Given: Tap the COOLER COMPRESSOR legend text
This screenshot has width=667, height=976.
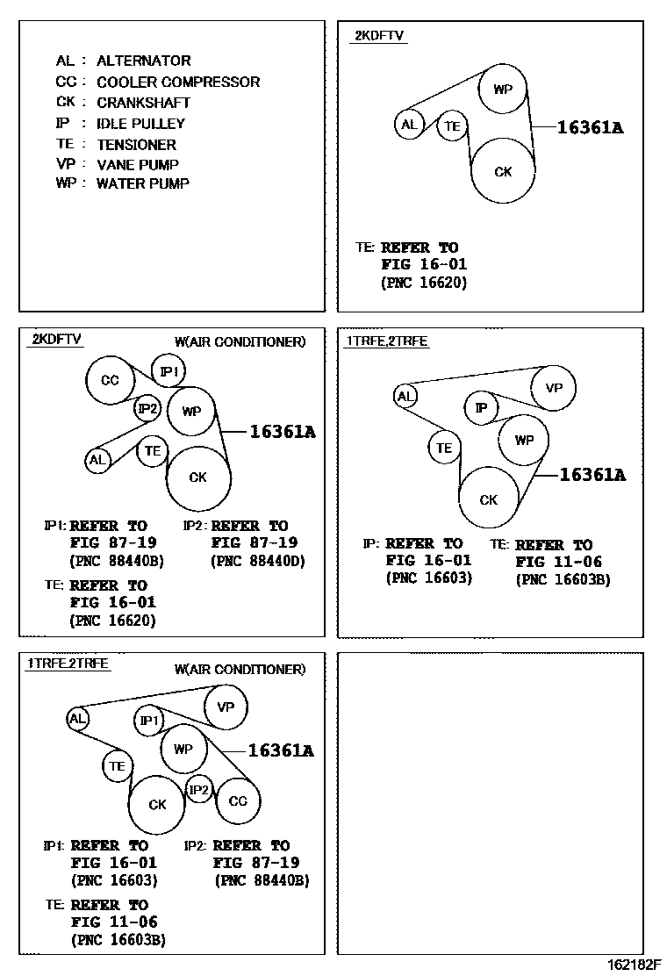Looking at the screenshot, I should click(177, 82).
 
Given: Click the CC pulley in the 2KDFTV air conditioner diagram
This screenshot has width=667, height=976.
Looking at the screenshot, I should click(110, 381).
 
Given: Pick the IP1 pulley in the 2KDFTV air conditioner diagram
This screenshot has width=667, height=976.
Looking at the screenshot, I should click(169, 371).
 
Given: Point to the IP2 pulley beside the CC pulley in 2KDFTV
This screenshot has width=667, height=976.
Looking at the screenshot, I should click(147, 408).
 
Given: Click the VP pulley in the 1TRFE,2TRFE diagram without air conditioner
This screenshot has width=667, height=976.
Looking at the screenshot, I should click(553, 389).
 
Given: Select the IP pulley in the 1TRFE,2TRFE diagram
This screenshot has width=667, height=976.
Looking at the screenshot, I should click(480, 408).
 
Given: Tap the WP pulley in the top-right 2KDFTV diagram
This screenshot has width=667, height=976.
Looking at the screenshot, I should click(503, 90).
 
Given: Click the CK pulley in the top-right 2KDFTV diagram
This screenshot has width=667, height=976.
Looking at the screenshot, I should click(503, 171).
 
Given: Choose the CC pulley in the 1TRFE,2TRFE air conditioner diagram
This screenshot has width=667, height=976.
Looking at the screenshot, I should click(238, 800).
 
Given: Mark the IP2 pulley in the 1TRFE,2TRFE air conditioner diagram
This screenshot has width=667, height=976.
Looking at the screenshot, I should click(200, 790).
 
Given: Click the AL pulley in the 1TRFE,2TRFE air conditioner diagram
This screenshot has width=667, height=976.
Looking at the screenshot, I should click(78, 719).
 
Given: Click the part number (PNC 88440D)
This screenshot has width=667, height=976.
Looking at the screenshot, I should click(254, 560).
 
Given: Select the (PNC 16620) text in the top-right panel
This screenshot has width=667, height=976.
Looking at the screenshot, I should click(424, 283).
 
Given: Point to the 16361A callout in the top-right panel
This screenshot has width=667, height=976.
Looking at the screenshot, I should click(590, 127).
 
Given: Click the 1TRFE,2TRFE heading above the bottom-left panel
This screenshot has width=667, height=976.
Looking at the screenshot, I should click(68, 664).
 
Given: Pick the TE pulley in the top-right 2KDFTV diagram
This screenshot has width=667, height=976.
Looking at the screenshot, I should click(452, 126).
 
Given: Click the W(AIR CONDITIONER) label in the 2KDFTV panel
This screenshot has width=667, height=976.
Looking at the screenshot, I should click(240, 341).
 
